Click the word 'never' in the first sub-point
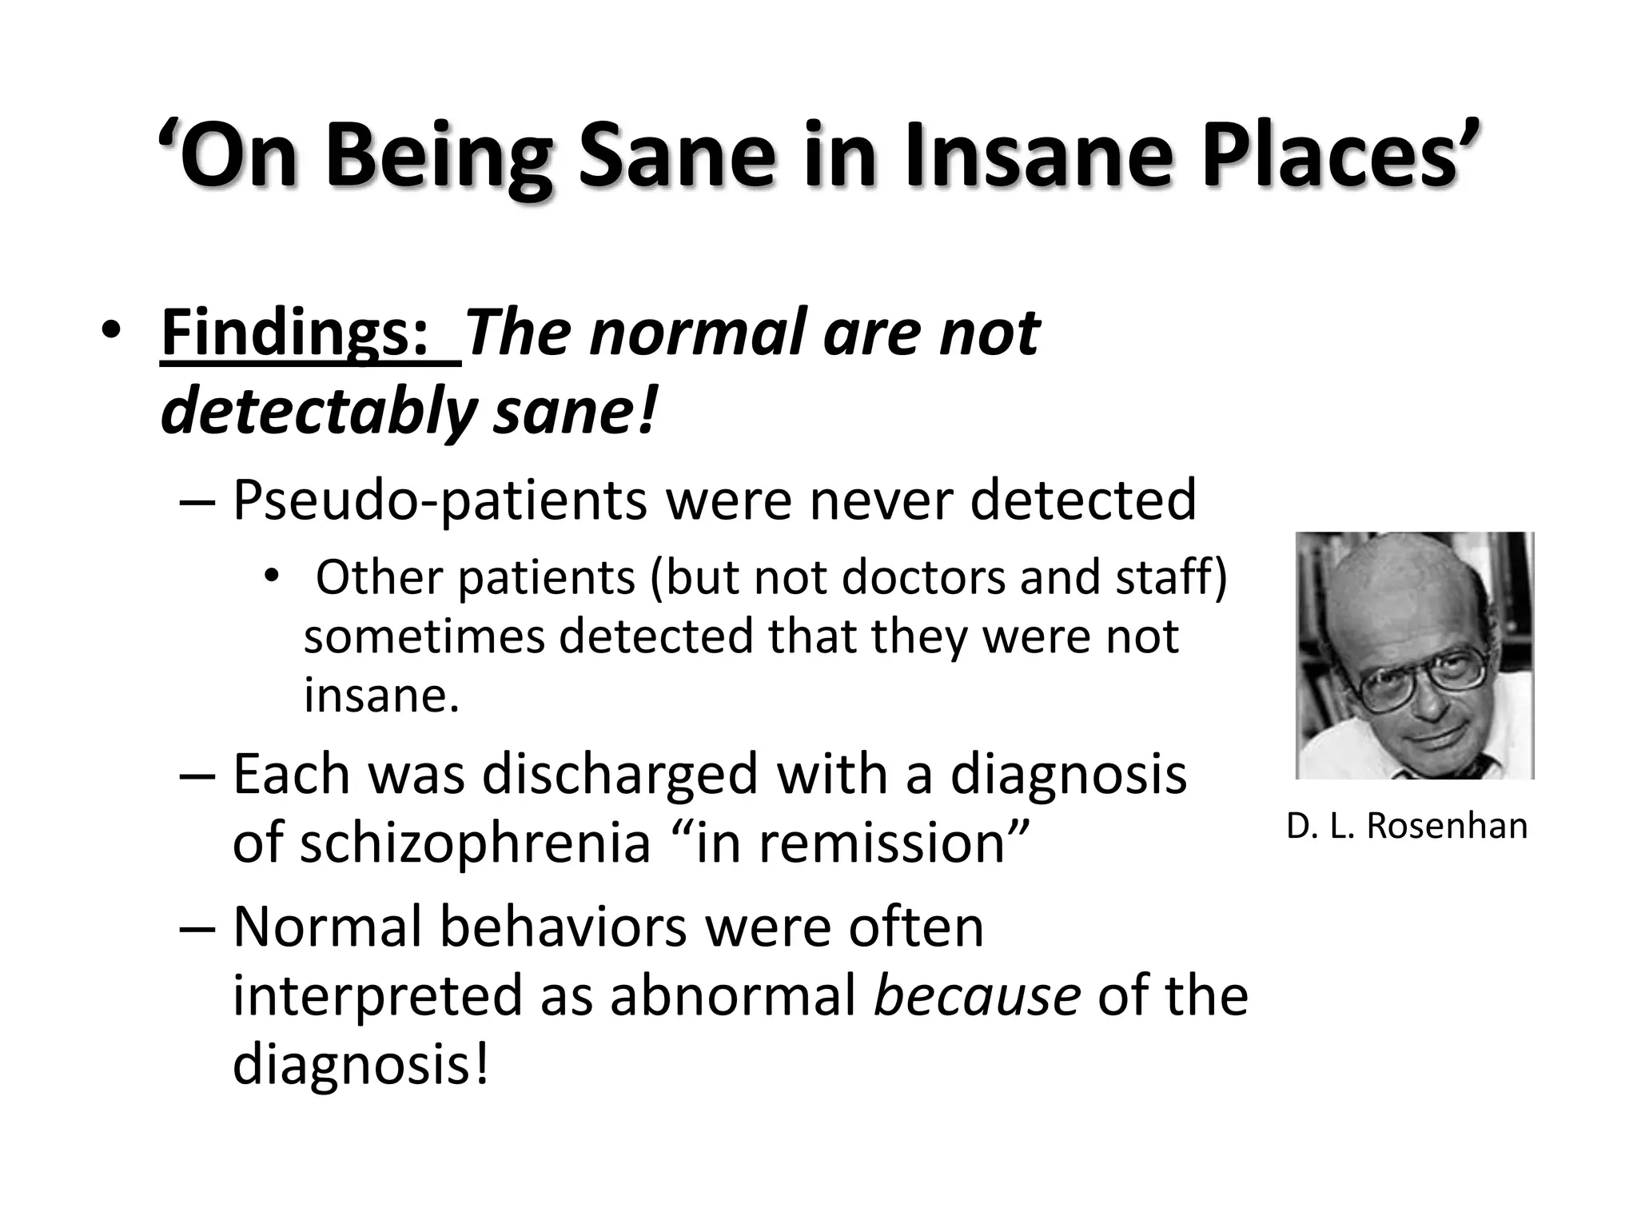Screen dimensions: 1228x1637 tap(880, 500)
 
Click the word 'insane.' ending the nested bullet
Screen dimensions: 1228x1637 tap(381, 695)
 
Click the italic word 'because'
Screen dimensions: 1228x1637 tap(977, 996)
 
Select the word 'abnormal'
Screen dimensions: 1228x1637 tap(733, 996)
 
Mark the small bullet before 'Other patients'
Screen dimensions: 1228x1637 tap(273, 576)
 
